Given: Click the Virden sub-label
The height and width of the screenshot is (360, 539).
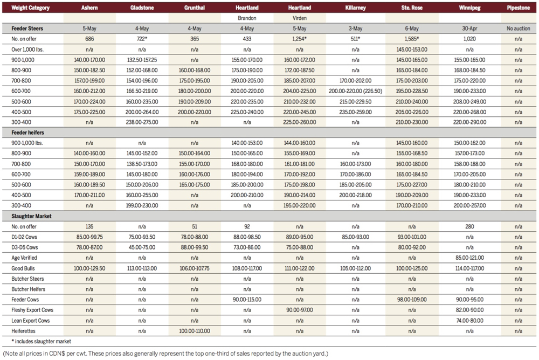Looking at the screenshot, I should pos(300,17).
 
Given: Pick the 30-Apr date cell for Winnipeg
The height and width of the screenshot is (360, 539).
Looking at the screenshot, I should pos(466,27).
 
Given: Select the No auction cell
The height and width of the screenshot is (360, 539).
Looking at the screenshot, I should pos(518,27).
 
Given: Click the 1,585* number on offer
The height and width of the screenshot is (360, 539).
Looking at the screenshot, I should pos(412,38).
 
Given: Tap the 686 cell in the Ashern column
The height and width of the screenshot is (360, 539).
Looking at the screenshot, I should pos(89,38).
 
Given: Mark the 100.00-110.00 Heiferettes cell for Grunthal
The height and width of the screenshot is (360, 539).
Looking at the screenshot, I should pos(196,330).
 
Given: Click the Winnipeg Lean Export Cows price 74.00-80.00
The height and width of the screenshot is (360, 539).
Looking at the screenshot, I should pos(466,320).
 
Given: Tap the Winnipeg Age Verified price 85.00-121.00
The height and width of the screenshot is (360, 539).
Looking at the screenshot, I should pos(466,257).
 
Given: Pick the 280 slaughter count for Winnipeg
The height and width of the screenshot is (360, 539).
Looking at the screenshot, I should pos(466,226).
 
